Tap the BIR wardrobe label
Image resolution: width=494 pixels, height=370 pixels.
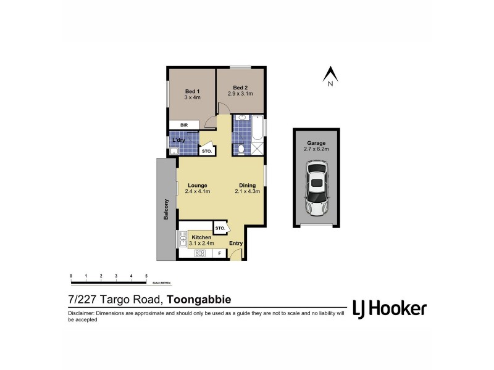(x=184, y=125)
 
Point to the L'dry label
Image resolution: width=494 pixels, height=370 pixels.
(x=180, y=140)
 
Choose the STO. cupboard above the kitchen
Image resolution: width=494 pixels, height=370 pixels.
(x=220, y=228)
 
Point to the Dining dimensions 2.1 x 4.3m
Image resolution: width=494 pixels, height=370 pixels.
(x=247, y=191)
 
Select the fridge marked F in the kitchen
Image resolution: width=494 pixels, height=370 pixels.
(x=219, y=253)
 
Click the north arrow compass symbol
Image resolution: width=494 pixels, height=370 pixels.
(x=331, y=75)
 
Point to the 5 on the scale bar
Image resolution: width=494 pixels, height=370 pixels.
(x=146, y=276)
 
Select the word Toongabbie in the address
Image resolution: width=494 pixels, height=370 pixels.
(x=199, y=300)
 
